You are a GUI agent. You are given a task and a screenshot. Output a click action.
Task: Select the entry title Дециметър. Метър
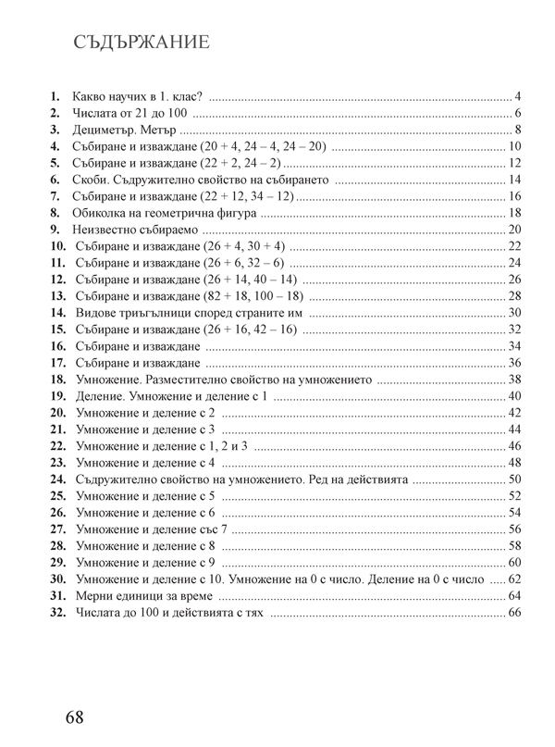click(124, 130)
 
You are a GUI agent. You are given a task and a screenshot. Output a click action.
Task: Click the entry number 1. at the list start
click(55, 96)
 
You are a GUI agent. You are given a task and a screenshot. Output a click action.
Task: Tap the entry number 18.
click(56, 380)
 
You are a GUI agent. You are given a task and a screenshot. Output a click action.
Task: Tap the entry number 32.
click(56, 613)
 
